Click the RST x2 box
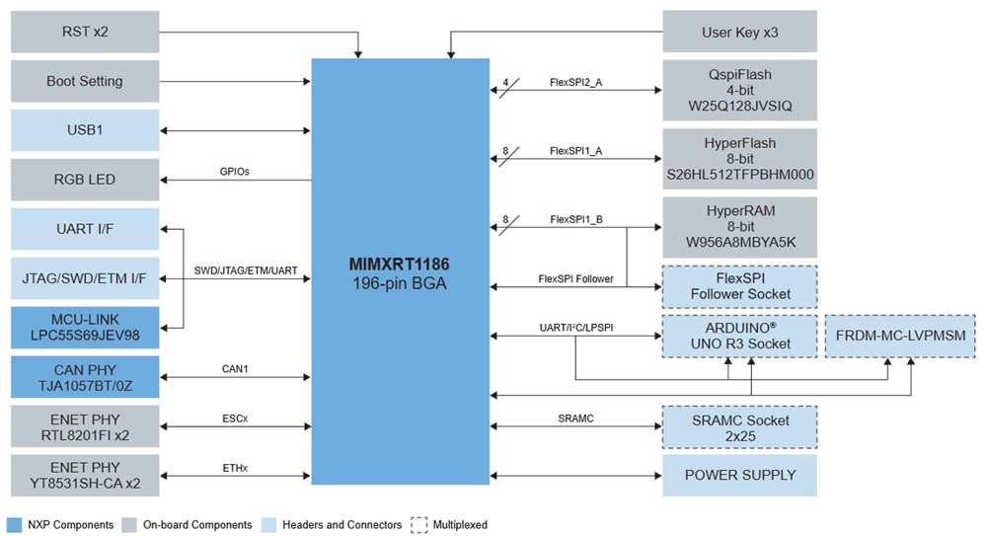[85, 32]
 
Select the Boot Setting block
[85, 81]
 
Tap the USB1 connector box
[85, 130]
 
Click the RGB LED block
[85, 179]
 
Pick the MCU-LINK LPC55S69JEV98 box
[85, 327]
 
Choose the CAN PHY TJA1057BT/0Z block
[85, 376]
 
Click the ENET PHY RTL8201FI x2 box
[85, 425]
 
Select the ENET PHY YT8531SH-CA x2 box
[85, 475]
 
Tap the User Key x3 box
[739, 32]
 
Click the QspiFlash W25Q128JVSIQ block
[739, 90]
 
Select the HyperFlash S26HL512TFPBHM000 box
[739, 158]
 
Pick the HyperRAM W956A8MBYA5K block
[739, 227]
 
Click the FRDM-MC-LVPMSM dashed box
[900, 336]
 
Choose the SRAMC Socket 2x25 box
[739, 427]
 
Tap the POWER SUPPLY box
[739, 475]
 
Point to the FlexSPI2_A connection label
[575, 83]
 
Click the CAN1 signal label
[235, 369]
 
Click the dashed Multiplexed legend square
[418, 524]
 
